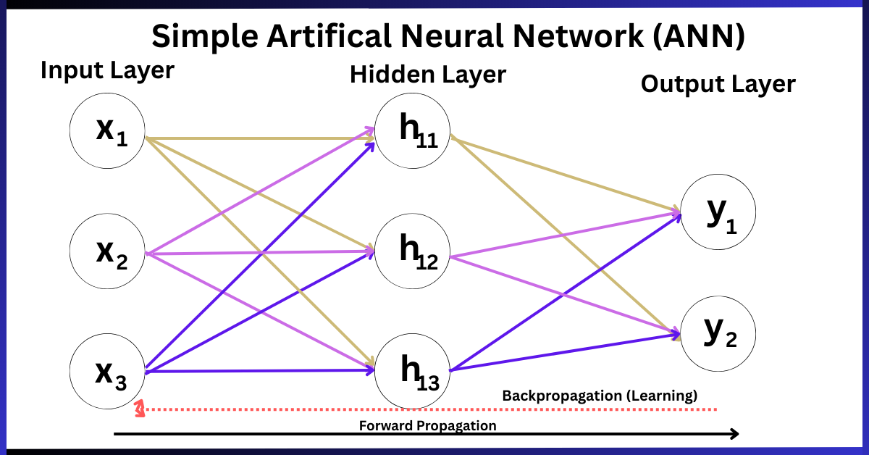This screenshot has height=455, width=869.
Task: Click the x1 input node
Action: pos(107,131)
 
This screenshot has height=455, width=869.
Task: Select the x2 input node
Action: pos(107,251)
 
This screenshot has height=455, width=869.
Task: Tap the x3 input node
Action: pos(107,371)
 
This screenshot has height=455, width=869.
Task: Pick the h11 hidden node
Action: pos(412,131)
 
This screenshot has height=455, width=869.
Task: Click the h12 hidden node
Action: pos(412,251)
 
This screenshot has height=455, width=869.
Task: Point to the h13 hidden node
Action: pos(412,371)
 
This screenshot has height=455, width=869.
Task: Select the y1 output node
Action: pos(718,212)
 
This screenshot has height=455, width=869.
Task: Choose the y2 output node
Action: pos(718,334)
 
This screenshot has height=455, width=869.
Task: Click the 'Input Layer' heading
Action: pos(107,71)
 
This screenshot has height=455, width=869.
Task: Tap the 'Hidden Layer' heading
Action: pos(428,75)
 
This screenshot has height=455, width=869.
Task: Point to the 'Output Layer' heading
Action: pos(718,84)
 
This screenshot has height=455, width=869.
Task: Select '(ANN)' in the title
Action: pos(699,36)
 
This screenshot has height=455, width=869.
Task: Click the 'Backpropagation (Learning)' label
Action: pos(600,396)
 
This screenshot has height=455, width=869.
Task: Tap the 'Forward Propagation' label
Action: pos(427,425)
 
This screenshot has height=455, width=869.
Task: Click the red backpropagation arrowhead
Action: pos(140,409)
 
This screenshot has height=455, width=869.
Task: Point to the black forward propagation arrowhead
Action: pos(734,434)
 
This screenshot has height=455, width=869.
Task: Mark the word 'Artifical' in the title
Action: pos(329,36)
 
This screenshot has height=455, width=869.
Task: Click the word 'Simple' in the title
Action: pos(205,36)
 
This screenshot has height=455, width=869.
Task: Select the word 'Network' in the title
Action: pos(578,36)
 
